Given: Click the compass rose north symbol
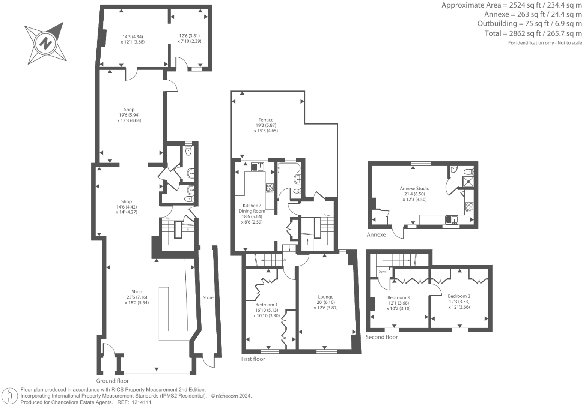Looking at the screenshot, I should click(46, 43).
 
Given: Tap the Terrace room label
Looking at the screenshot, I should click(266, 120).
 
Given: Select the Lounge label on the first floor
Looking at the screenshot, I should click(325, 297).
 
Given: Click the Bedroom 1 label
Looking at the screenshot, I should click(266, 305).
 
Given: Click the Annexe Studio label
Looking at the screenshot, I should click(414, 188).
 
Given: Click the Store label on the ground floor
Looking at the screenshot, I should click(208, 297).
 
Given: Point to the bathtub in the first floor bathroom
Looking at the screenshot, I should click(289, 168).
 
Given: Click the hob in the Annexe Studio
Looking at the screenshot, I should click(469, 206).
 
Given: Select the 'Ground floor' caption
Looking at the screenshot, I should click(113, 381).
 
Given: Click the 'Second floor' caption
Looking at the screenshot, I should click(381, 337).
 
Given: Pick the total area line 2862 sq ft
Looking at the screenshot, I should click(533, 33).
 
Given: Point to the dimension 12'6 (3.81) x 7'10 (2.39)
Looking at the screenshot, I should click(189, 39).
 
